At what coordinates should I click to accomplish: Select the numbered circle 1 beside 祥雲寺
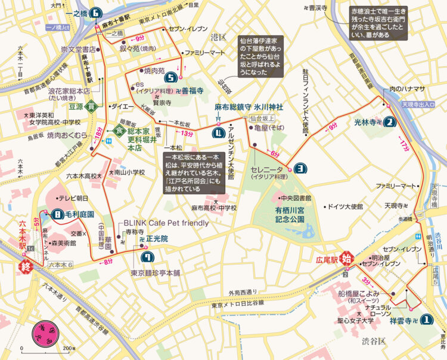point(426,320)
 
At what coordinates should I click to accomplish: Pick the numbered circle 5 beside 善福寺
point(171,77)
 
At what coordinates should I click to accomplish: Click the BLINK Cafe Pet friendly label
point(166,223)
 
